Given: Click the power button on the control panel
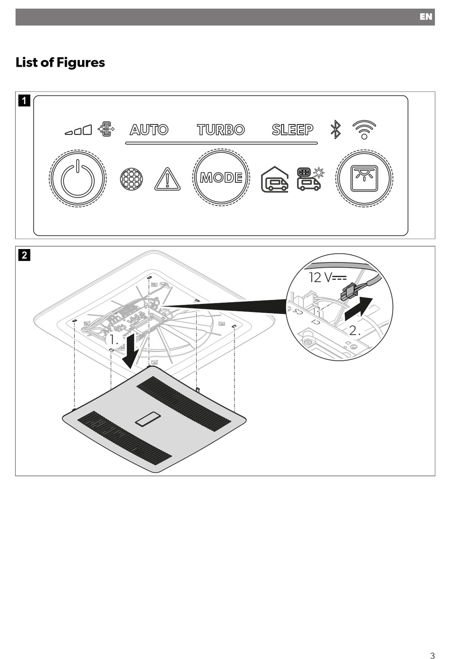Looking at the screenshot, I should [x=78, y=178].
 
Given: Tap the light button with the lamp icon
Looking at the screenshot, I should [x=364, y=178].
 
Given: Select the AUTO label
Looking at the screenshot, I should [x=149, y=130].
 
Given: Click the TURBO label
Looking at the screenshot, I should [x=221, y=130].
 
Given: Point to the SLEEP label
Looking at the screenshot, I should [x=292, y=130].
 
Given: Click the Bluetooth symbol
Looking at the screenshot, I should [x=335, y=130].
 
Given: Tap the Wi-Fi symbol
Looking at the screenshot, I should [x=364, y=129].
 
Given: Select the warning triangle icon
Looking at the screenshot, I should [x=167, y=179].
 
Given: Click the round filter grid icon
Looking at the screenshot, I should [x=132, y=179].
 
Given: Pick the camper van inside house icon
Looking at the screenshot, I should [x=274, y=179].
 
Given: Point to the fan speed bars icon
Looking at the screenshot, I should [x=79, y=130].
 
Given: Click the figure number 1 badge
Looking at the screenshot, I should [x=24, y=101].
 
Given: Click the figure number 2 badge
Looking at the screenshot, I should [x=24, y=255].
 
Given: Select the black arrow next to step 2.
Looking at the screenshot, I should [x=359, y=308].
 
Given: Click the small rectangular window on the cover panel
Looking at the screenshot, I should [x=148, y=419].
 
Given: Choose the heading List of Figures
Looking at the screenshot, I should [x=60, y=62].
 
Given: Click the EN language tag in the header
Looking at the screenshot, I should [x=425, y=17].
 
